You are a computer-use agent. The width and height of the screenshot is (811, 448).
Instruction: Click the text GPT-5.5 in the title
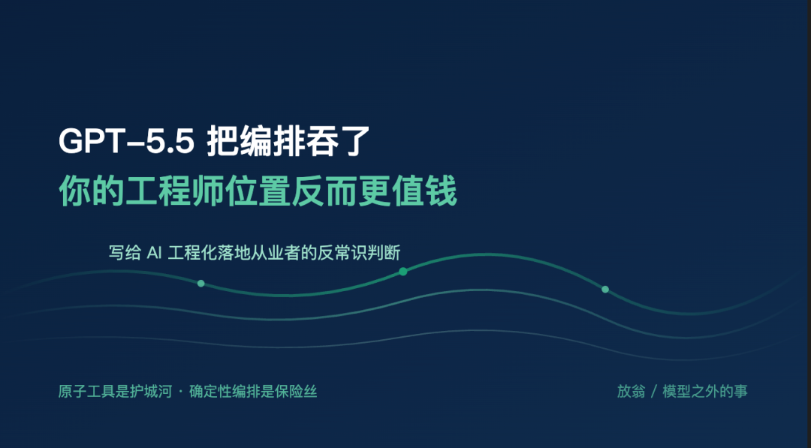(x=126, y=141)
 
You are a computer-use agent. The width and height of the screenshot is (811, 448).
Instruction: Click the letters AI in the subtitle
(x=155, y=253)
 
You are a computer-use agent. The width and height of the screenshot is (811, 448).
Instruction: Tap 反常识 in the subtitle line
(x=342, y=253)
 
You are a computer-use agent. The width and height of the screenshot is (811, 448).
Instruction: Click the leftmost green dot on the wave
(x=200, y=283)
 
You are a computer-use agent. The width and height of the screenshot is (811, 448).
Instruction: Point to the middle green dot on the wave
(x=403, y=272)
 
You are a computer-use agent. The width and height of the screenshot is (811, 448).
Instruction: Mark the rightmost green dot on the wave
(x=605, y=290)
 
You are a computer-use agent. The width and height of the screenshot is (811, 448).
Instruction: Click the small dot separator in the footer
(x=180, y=391)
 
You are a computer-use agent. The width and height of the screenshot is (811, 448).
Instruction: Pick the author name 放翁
(x=631, y=391)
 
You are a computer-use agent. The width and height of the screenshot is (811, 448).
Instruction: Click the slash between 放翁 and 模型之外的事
(x=654, y=392)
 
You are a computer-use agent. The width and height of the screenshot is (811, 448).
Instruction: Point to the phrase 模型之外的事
(x=705, y=391)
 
